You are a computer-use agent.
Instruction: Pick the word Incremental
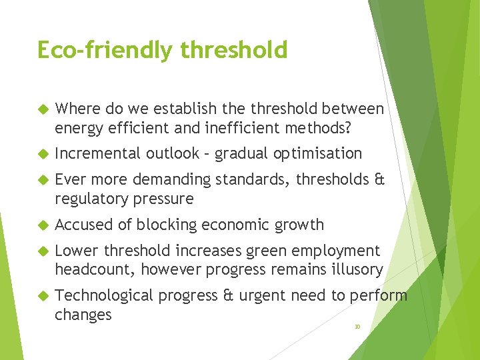tap(98, 153)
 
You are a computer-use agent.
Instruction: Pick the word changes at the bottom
tap(83, 315)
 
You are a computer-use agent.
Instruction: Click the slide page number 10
tap(357, 327)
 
